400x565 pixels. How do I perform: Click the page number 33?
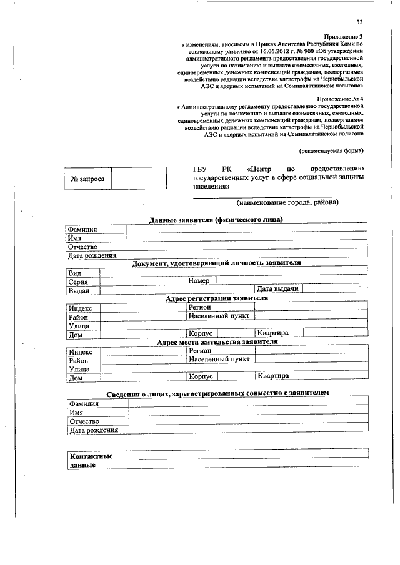point(359,22)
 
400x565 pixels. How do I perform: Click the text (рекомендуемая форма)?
point(331,150)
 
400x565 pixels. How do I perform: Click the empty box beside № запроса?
point(139,179)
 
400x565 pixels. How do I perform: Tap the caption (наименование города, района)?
point(287,204)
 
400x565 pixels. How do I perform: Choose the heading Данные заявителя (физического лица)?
point(216,220)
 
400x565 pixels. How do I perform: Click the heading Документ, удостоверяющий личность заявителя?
point(216,263)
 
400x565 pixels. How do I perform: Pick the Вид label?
point(74,273)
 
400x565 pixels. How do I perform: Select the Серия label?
point(79,282)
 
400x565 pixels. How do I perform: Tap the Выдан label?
point(79,290)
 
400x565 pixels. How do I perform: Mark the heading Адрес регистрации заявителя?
point(216,298)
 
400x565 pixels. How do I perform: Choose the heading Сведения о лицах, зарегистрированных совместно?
point(216,393)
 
